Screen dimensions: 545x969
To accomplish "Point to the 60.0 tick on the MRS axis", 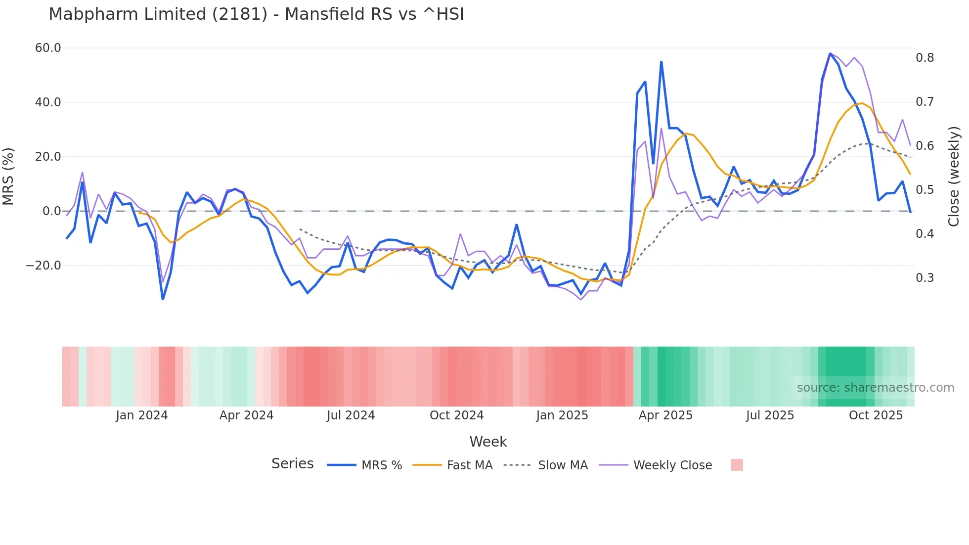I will pyautogui.click(x=48, y=48).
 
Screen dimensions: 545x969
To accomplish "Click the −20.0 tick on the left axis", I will pyautogui.click(x=44, y=266).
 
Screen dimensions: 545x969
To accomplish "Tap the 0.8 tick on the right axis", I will pyautogui.click(x=925, y=58).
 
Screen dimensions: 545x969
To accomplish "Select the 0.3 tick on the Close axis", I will pyautogui.click(x=925, y=278).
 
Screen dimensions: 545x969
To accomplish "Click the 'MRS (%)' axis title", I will pyautogui.click(x=8, y=177).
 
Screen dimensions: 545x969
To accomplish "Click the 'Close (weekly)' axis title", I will pyautogui.click(x=954, y=177).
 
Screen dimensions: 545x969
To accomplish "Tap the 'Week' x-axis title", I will pyautogui.click(x=488, y=442).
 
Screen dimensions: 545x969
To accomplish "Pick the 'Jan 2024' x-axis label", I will pyautogui.click(x=142, y=415).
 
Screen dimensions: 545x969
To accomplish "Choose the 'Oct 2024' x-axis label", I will pyautogui.click(x=456, y=415).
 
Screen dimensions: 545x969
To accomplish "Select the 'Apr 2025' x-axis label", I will pyautogui.click(x=665, y=415).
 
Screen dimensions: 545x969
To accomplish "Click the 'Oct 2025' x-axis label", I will pyautogui.click(x=876, y=415).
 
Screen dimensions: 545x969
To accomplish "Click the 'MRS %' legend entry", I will pyautogui.click(x=381, y=465).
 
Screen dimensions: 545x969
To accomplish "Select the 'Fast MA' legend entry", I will pyautogui.click(x=469, y=465).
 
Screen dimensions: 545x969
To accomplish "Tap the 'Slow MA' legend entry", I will pyautogui.click(x=563, y=465).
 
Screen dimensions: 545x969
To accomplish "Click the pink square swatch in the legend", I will pyautogui.click(x=737, y=465).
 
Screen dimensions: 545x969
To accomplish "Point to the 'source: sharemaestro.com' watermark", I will pyautogui.click(x=875, y=388).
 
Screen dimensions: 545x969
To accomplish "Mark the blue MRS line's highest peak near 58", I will pyautogui.click(x=830, y=53).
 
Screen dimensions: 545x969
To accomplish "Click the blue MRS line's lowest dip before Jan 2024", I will pyautogui.click(x=163, y=299).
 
